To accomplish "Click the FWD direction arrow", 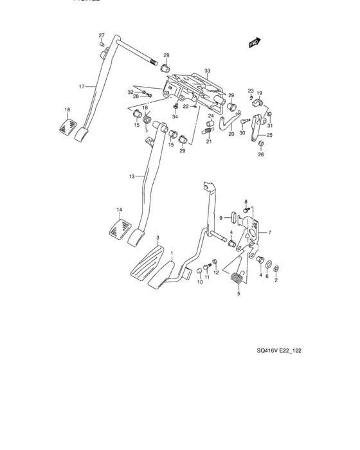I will [x=253, y=42].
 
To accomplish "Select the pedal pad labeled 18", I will [x=67, y=123].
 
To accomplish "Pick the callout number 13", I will [x=131, y=175].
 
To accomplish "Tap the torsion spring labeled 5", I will [x=237, y=278].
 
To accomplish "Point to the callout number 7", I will [x=269, y=232].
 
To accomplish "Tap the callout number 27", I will [x=101, y=35].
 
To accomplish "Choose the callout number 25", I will [x=269, y=136].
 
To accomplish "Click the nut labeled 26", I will [x=261, y=145].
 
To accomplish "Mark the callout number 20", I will [x=231, y=135].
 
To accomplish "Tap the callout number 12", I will [x=216, y=273].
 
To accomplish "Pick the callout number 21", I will [x=208, y=142].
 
